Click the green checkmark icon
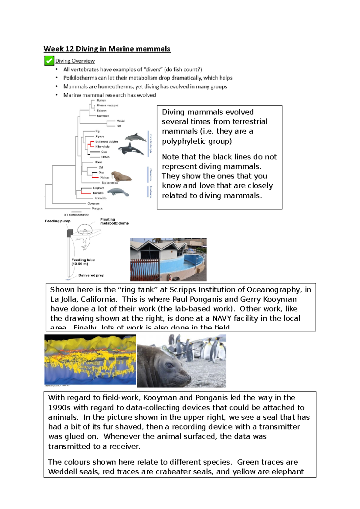(x=49, y=61)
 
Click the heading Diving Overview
(x=75, y=61)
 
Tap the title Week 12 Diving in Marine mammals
(x=107, y=49)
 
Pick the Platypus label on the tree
(x=97, y=208)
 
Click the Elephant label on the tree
(x=98, y=188)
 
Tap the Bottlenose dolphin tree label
(x=106, y=141)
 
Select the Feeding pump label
(x=58, y=221)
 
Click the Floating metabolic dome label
(x=114, y=221)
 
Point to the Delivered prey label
(x=91, y=275)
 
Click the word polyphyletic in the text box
(x=182, y=141)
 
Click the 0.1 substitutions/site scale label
(x=76, y=215)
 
